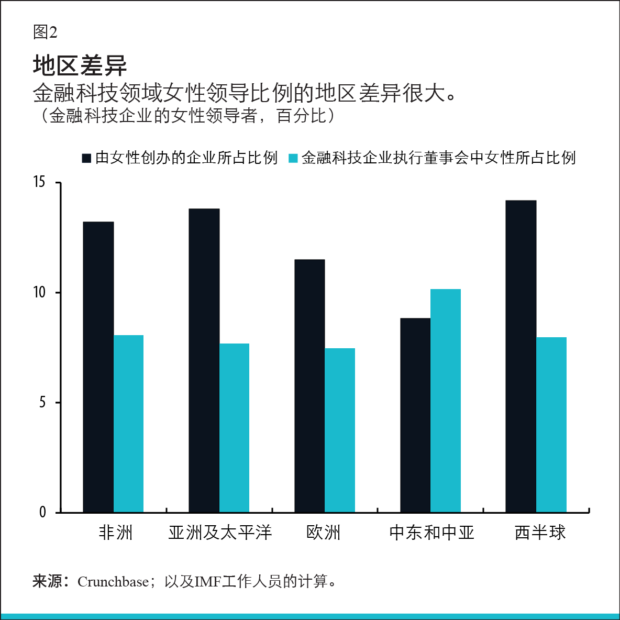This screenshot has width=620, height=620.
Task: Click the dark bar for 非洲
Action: tap(98, 367)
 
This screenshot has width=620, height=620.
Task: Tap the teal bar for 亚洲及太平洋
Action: tap(235, 427)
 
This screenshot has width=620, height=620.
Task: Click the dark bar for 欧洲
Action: tap(309, 385)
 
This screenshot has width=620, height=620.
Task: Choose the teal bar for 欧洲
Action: tap(340, 430)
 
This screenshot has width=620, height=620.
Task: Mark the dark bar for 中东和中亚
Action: tap(415, 415)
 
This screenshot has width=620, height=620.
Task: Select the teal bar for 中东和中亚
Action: tap(446, 400)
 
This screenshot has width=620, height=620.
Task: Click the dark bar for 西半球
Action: tap(521, 356)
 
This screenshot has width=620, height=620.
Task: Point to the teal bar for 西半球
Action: tap(551, 424)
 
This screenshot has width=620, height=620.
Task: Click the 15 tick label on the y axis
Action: tap(39, 182)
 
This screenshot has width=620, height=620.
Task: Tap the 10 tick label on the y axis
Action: tap(39, 292)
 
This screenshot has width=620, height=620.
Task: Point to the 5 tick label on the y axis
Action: tap(42, 402)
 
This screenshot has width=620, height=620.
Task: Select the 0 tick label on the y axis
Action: tap(42, 512)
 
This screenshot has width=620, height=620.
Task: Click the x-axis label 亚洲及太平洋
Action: tap(220, 533)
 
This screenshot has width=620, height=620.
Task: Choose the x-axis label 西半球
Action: tap(540, 533)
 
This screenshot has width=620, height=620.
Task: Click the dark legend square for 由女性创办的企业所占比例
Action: tap(87, 158)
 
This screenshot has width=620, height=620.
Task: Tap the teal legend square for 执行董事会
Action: tap(293, 158)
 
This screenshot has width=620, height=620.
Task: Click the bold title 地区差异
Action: tap(80, 65)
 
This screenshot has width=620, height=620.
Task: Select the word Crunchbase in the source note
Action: tap(113, 582)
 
